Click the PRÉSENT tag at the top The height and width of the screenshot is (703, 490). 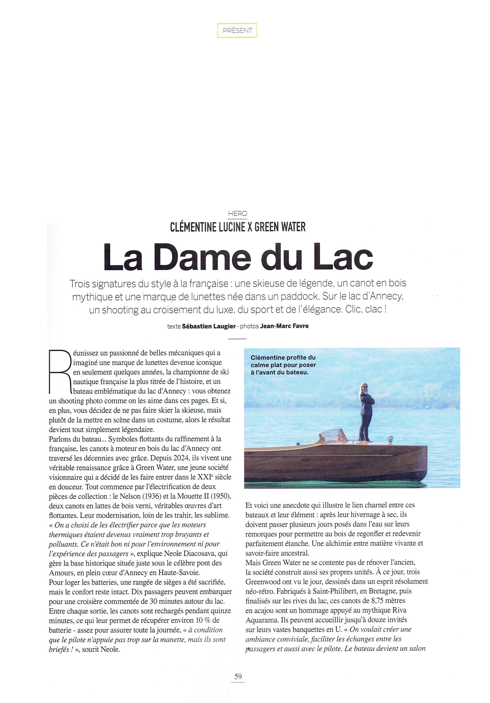(237, 31)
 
